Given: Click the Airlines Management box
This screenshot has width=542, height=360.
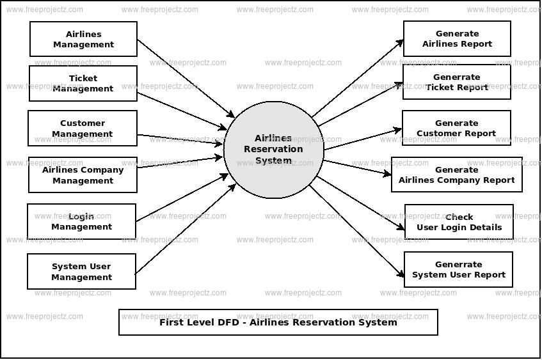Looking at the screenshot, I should coord(83,39).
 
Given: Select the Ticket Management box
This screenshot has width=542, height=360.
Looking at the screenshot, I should coord(83,83).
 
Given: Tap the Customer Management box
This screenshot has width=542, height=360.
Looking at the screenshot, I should coord(83,129).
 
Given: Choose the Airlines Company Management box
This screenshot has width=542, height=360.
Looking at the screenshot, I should coord(83,175).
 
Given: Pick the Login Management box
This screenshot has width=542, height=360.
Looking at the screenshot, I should coord(81,221).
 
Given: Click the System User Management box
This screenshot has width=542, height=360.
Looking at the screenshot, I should coord(81,272).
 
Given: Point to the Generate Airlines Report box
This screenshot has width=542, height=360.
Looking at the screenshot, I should coord(457,39).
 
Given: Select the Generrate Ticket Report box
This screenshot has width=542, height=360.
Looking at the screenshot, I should coord(457,82).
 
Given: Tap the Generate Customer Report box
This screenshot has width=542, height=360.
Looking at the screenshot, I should coord(456,128).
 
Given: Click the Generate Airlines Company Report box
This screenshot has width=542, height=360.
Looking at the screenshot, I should coord(457,175).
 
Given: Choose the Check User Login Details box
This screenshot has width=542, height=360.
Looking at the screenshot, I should coord(459,222).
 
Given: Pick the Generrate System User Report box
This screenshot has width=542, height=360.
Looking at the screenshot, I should coord(458,269).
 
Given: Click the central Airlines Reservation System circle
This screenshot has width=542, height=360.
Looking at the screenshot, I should coord(274,149).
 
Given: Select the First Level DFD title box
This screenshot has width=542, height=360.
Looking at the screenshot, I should coord(278,322).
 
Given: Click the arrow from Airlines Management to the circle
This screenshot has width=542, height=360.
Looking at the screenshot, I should coord(186,78).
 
